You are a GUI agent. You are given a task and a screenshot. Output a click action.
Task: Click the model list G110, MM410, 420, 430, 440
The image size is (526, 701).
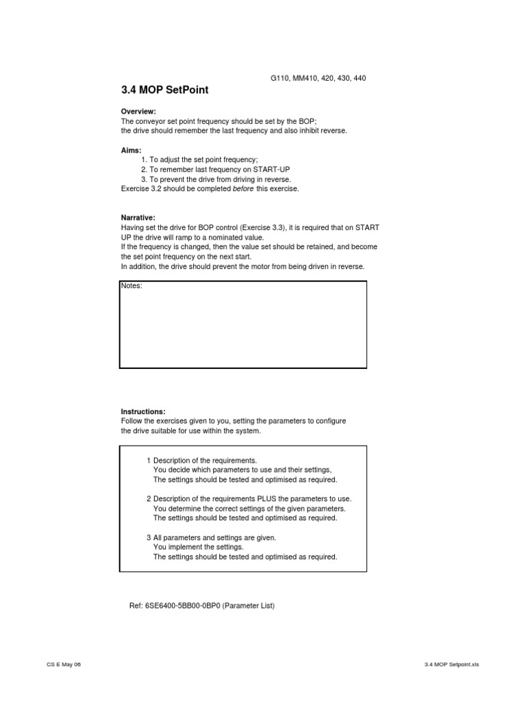[318, 78]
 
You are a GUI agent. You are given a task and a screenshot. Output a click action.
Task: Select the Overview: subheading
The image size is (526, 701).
[138, 111]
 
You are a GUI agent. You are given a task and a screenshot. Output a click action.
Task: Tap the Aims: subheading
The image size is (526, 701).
[131, 149]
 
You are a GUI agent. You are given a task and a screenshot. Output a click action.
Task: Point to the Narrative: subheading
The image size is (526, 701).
[138, 217]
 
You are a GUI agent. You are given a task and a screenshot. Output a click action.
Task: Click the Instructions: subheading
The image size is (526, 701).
[143, 411]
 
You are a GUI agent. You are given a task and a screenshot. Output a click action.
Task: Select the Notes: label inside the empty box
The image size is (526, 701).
[131, 285]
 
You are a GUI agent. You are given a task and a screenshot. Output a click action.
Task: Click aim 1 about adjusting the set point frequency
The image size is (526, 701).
[199, 159]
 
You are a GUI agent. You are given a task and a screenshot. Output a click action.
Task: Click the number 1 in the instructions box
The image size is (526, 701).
[149, 460]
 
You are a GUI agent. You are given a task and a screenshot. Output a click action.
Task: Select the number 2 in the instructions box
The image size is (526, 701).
[149, 499]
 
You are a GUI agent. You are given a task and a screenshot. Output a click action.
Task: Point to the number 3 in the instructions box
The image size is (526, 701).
[149, 537]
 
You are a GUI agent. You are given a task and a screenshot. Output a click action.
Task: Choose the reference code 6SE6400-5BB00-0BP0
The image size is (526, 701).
[183, 606]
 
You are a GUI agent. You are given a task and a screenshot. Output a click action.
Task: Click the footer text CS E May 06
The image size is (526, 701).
[63, 665]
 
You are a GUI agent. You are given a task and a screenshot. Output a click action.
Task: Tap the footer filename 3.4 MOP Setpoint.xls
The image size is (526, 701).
[451, 665]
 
